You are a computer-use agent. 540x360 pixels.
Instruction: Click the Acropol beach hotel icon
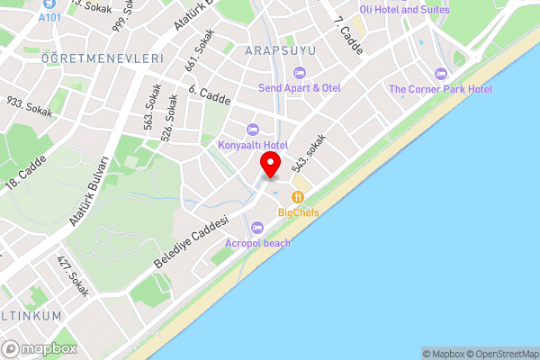coord(258,226)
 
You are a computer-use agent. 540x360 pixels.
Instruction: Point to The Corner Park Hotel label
coord(441,89)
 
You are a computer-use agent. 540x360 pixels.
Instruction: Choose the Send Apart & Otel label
coord(300,87)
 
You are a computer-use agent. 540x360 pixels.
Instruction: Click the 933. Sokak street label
coord(31,108)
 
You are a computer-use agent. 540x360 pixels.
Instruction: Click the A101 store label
coord(52,16)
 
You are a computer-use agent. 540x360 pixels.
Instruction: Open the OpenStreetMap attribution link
coord(502,354)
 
